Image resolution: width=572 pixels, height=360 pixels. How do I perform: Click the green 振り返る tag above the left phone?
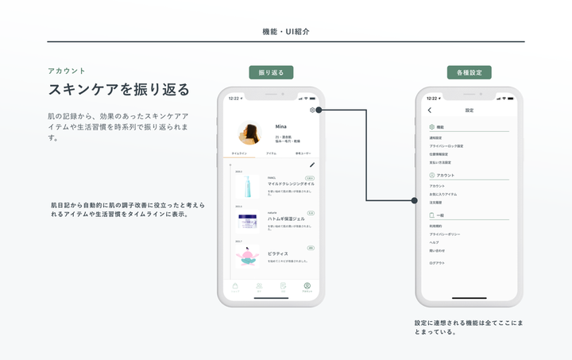(x=271, y=72)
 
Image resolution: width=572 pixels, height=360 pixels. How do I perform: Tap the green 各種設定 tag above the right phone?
(x=469, y=72)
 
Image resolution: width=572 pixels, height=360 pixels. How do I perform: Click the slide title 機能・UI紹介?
(x=286, y=32)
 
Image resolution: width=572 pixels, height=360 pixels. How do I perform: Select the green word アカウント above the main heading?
(x=67, y=71)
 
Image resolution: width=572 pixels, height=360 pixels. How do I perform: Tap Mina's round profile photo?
(x=249, y=133)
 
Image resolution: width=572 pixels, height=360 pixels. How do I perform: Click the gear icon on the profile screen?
(x=312, y=110)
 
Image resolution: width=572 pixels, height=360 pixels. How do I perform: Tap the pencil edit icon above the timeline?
(x=312, y=165)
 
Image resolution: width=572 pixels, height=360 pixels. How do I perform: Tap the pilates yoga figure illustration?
(x=248, y=255)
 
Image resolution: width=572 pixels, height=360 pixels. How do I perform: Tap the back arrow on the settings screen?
(x=430, y=110)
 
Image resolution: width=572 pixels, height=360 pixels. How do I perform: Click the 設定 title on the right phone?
(x=469, y=110)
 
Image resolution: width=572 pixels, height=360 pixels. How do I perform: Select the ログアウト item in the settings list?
(x=437, y=262)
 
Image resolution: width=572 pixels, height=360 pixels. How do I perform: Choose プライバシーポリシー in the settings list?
(x=444, y=234)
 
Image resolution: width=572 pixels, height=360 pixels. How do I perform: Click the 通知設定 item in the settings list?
(x=435, y=138)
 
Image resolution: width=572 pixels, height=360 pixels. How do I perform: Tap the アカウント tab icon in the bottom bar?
(x=307, y=287)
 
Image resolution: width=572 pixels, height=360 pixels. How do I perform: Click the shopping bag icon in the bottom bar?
(x=234, y=287)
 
